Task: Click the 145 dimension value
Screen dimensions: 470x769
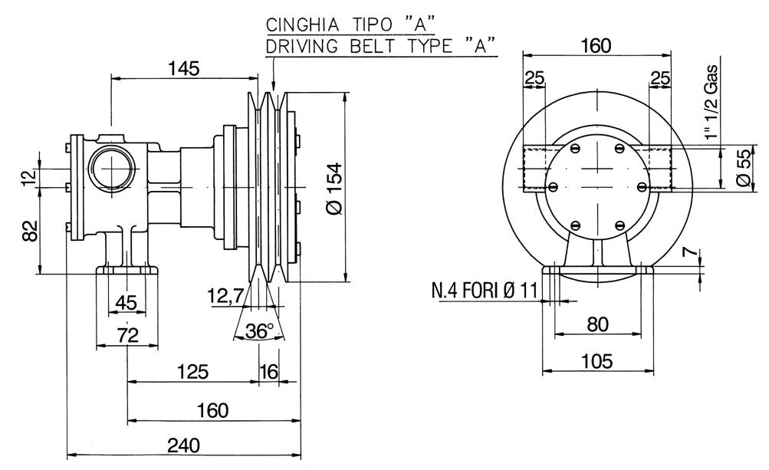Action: coord(183,68)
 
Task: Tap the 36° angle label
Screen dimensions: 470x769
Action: coord(259,331)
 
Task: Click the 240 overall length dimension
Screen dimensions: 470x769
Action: coord(182,445)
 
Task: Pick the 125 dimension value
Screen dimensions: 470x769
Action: coord(192,372)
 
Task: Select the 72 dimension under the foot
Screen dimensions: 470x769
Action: coord(127,335)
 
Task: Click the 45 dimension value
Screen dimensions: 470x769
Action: coord(126,304)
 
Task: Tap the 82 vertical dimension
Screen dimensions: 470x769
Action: coord(30,229)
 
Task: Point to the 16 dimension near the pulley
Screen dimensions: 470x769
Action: coord(268,372)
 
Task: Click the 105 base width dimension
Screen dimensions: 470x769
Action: coord(596,361)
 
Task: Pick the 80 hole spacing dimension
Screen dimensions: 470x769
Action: coord(596,324)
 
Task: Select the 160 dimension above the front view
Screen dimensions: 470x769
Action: coord(596,45)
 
